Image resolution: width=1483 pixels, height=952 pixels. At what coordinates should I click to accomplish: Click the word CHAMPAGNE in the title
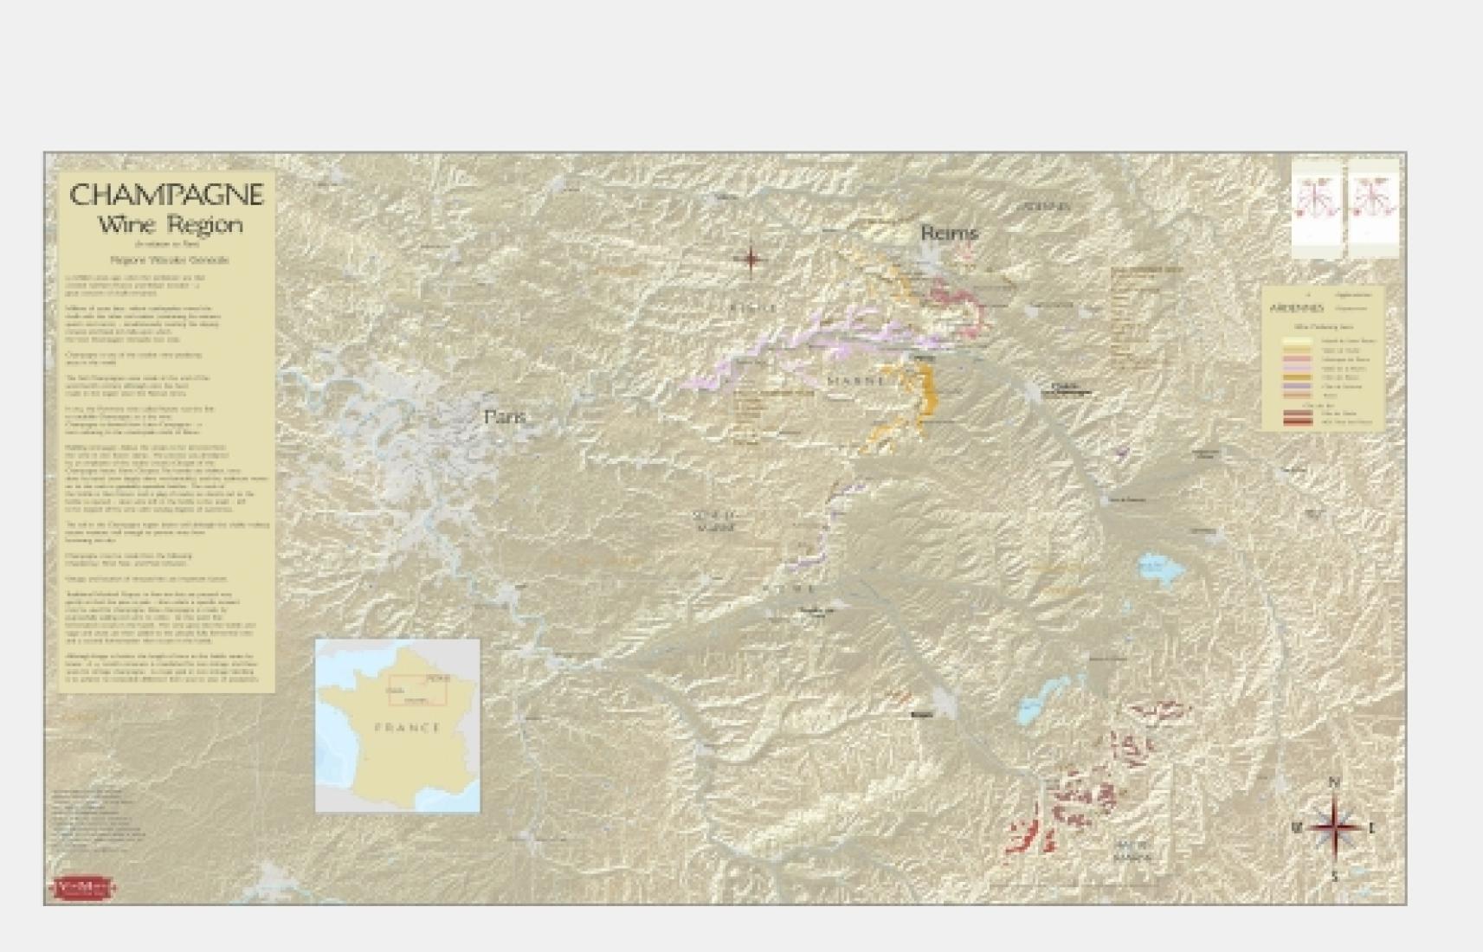click(x=165, y=195)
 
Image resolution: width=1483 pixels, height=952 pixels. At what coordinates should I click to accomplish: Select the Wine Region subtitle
click(x=170, y=226)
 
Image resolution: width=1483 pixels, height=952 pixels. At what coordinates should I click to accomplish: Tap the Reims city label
click(x=949, y=233)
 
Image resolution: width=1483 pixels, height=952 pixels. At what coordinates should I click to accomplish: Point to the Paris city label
click(x=506, y=417)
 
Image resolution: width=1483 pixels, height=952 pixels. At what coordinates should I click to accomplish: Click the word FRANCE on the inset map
click(x=408, y=728)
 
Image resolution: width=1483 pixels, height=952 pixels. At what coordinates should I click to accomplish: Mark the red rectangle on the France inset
click(x=417, y=690)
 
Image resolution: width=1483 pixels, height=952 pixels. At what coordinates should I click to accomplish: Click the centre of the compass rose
click(x=1334, y=827)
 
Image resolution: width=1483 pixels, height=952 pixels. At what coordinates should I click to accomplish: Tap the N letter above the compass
click(x=1334, y=784)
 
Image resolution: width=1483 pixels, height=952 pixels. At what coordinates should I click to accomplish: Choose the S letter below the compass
click(x=1335, y=877)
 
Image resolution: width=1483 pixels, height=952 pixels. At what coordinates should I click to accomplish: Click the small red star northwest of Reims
click(x=751, y=258)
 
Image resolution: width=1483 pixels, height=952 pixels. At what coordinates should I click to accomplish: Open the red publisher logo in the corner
click(x=85, y=887)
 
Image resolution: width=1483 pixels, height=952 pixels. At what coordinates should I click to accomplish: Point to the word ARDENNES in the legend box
click(x=1296, y=308)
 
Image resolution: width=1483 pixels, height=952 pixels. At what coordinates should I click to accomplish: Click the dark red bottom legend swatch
click(x=1297, y=421)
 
